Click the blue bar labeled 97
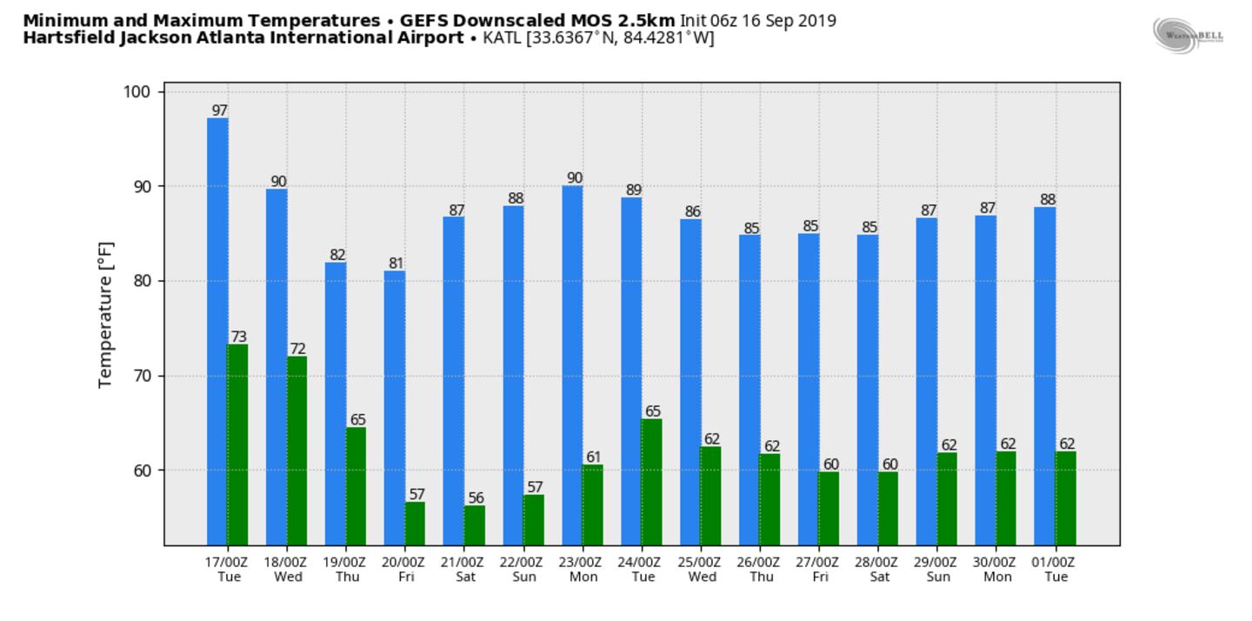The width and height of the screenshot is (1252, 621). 217,331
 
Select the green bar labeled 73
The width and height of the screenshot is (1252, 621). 237,444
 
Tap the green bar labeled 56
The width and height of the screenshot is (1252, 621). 474,525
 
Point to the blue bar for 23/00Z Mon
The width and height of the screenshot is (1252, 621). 572,365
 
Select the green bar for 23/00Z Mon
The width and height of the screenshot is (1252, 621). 592,504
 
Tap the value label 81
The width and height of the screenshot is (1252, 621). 396,264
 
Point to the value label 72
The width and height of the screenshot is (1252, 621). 298,349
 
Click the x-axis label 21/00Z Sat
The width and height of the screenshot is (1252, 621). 464,569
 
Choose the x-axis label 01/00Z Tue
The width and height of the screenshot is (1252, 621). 1056,569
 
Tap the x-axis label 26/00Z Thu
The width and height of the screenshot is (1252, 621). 760,569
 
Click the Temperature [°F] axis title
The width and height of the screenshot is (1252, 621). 106,314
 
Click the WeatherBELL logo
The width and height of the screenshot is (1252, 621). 1189,35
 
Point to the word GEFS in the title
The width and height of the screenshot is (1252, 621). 423,19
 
